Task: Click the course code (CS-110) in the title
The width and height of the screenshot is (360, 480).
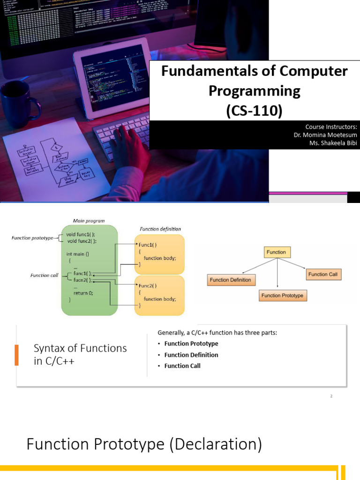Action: coord(254,111)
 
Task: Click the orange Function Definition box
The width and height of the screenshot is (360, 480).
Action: coord(230,280)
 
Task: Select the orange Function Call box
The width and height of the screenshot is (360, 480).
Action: coord(322,274)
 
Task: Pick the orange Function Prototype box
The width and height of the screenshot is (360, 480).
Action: coord(282,295)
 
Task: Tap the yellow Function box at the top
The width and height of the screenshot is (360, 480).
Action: coord(276,252)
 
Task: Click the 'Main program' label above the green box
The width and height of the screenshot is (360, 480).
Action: coord(89,221)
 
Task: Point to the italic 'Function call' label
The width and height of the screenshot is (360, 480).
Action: coord(44,275)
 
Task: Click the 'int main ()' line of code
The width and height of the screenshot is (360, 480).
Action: coord(77,254)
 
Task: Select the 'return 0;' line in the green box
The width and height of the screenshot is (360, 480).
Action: coord(83,292)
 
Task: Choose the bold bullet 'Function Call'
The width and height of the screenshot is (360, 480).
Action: coord(182,366)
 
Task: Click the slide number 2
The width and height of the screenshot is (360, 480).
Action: coord(331,396)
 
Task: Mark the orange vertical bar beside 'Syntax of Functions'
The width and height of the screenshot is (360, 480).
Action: coord(17,355)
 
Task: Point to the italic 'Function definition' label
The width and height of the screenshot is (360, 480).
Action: coord(160,229)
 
